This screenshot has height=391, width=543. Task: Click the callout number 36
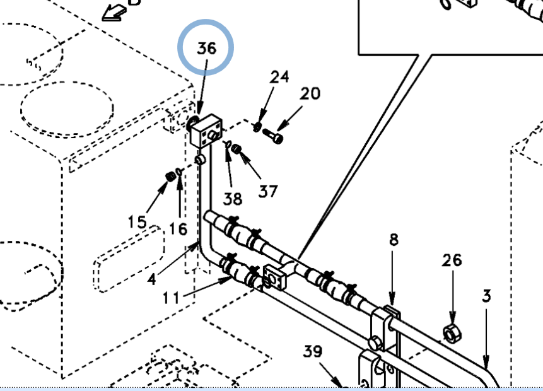(x=206, y=49)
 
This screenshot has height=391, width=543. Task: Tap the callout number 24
(x=279, y=77)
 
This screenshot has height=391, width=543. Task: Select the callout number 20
(x=310, y=94)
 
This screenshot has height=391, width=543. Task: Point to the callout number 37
(x=268, y=190)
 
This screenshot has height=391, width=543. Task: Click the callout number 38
(x=233, y=199)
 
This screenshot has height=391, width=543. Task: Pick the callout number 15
(x=137, y=222)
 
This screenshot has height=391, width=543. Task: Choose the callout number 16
(x=178, y=229)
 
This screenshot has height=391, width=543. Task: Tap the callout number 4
(x=152, y=278)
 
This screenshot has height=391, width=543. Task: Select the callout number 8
(x=394, y=240)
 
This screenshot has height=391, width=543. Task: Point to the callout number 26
(x=452, y=260)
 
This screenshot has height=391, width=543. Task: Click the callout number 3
(x=486, y=295)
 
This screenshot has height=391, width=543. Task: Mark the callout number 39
(x=313, y=352)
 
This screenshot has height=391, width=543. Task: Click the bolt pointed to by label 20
(x=274, y=136)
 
